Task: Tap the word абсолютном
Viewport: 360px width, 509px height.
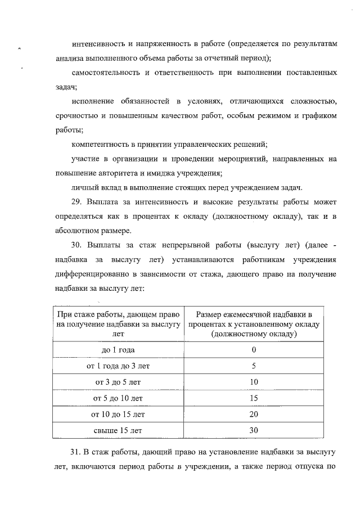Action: coord(79,230)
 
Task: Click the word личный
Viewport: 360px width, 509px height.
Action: coord(84,187)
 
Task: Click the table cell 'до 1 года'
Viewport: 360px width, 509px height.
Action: coord(118,349)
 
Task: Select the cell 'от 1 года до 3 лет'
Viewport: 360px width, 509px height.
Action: coord(118,366)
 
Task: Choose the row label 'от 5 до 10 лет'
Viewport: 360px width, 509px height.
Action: coord(118,398)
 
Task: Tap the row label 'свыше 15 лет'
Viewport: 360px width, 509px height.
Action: coord(118,431)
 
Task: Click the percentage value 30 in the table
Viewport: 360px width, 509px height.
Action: coord(254,431)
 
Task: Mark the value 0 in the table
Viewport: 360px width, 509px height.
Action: coord(254,349)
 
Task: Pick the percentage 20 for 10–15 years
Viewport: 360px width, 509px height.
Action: coord(254,415)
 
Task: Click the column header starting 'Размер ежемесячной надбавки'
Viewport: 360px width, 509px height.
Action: coord(254,323)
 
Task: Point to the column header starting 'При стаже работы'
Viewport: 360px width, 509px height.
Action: coord(118,323)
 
